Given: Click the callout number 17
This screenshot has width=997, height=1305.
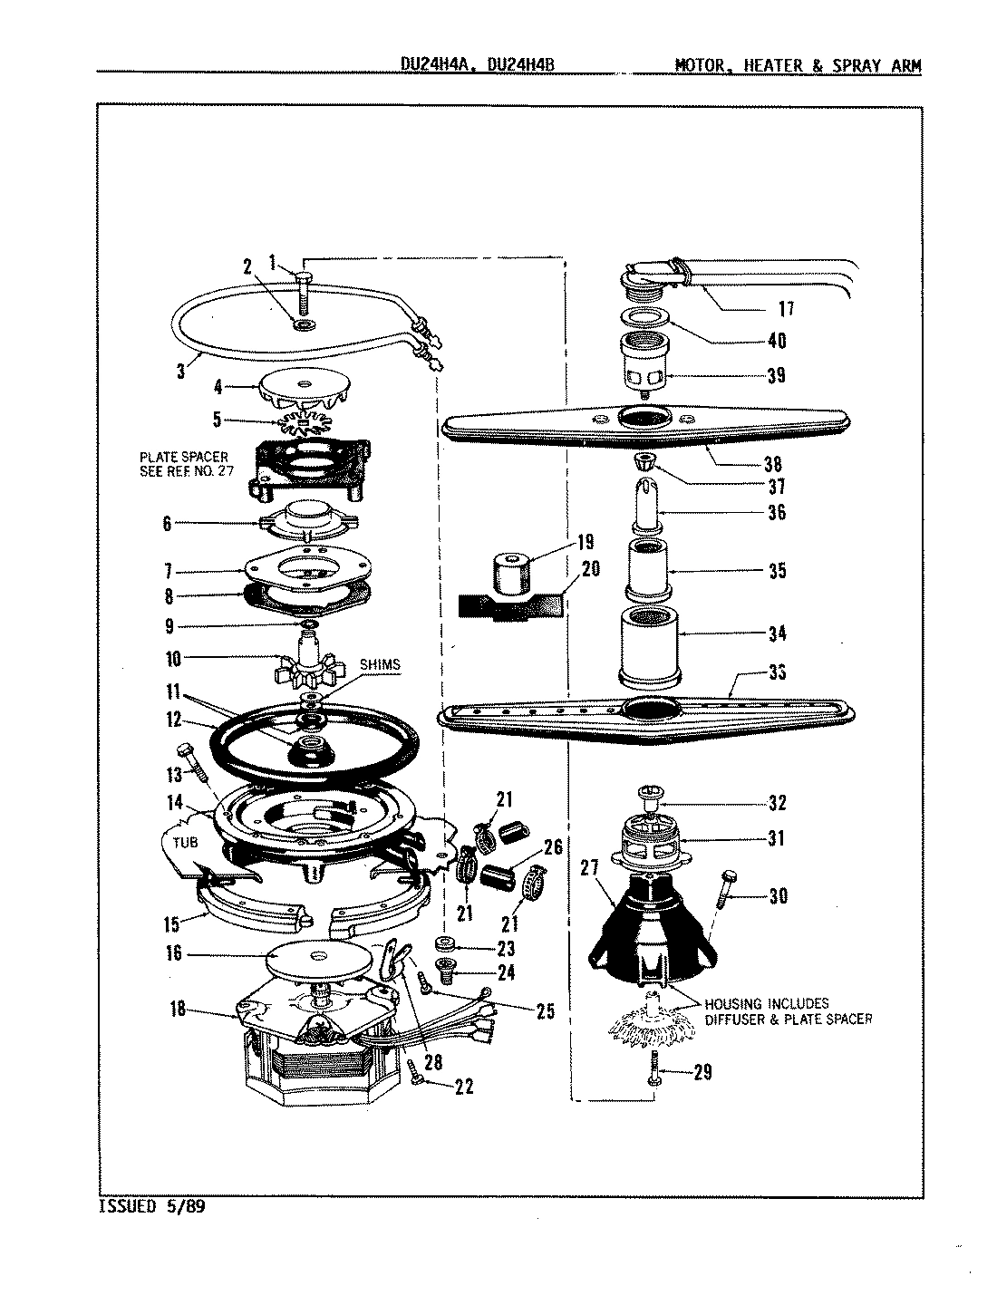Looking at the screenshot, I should point(786,309).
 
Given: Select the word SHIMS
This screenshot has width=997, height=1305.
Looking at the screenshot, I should point(380,665).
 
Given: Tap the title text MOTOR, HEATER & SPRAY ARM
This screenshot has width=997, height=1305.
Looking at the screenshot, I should point(798,66).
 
